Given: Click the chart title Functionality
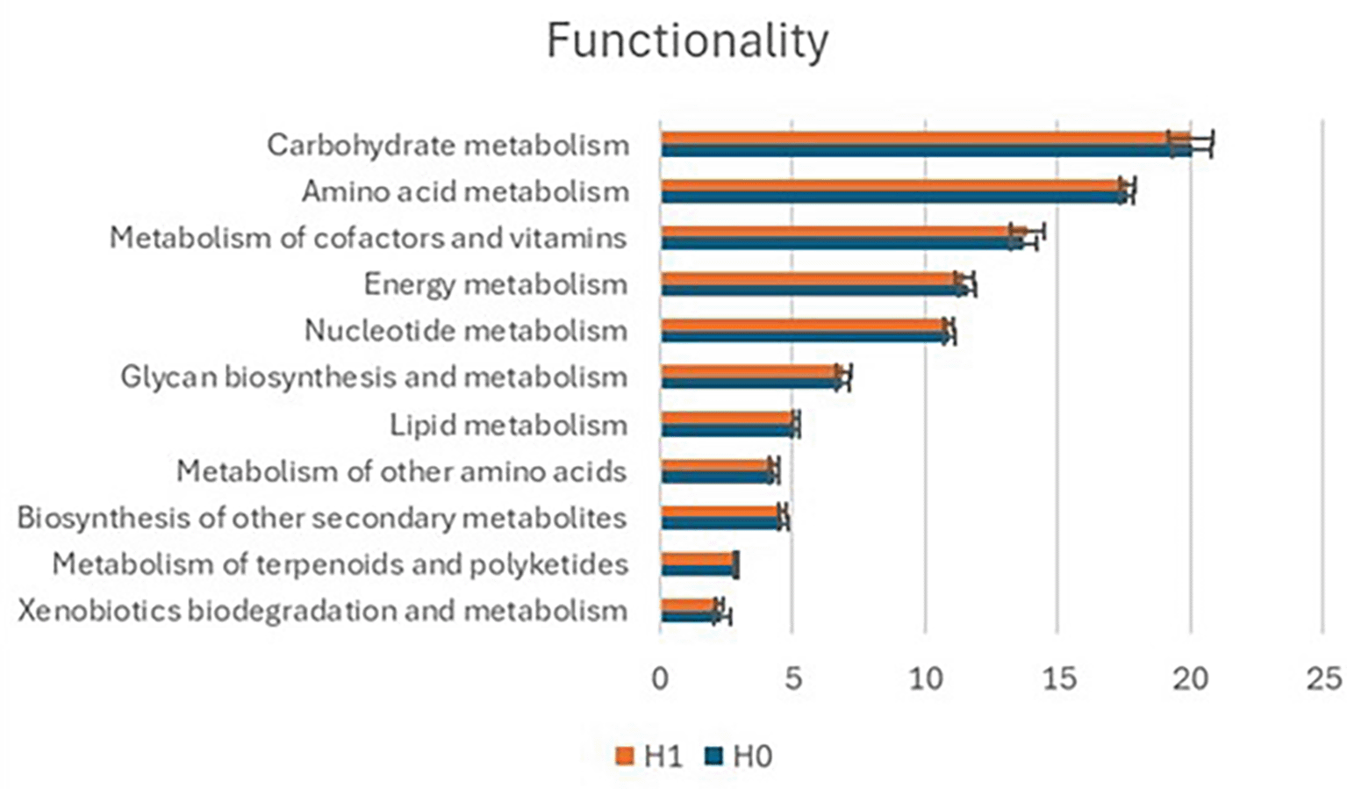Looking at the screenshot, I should [687, 41].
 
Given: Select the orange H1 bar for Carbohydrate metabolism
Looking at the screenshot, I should [921, 138].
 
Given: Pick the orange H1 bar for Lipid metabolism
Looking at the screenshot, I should [727, 419].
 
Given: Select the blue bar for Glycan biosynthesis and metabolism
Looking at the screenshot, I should [750, 383].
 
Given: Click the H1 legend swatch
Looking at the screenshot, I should [625, 756].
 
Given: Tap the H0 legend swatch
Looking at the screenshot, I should [713, 756].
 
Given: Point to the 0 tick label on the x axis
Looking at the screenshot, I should [660, 678].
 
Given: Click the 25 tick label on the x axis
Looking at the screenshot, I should [1322, 678].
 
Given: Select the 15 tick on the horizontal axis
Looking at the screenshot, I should [1058, 678].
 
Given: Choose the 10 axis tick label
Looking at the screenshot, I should [925, 678].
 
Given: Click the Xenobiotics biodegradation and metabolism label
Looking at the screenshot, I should [322, 610].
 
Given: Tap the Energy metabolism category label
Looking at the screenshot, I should [496, 284].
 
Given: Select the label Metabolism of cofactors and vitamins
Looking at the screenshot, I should [369, 238].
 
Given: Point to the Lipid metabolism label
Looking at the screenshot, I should [509, 425].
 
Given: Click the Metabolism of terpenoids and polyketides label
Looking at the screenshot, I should [340, 563].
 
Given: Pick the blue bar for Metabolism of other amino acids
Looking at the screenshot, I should [716, 477].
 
